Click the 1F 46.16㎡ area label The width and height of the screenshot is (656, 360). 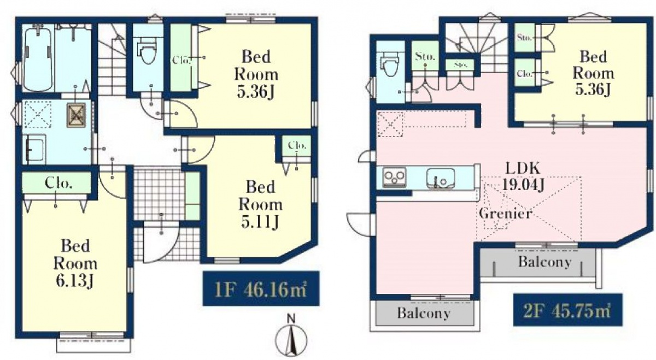(x=261, y=288)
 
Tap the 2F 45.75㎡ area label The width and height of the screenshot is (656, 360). (x=567, y=310)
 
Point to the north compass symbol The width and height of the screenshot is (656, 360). (x=291, y=339)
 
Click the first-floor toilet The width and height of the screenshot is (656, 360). (x=148, y=50)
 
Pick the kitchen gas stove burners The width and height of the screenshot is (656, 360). (x=394, y=178)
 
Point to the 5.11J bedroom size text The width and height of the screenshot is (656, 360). (x=260, y=222)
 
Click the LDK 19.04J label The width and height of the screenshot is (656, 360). (x=523, y=176)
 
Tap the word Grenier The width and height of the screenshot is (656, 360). (x=506, y=214)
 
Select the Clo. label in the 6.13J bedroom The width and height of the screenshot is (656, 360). (x=58, y=183)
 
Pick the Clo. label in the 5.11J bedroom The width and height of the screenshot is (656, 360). (x=297, y=145)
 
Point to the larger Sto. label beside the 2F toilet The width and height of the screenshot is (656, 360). (x=425, y=56)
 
